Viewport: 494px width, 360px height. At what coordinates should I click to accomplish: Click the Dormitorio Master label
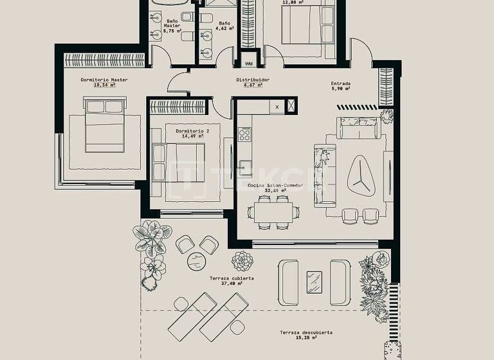tap(104, 80)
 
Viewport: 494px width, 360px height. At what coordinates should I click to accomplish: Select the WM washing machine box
tap(249, 64)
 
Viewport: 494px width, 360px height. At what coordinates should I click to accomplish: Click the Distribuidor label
tap(252, 80)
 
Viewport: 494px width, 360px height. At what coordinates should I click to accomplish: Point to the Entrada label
tap(341, 84)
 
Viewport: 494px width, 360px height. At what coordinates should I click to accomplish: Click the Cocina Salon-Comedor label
tap(284, 185)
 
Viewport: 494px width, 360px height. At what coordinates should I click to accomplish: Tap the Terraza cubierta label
tap(232, 278)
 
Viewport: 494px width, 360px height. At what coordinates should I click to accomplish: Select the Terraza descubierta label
tap(306, 332)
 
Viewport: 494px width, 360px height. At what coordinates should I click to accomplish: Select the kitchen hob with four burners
tap(245, 134)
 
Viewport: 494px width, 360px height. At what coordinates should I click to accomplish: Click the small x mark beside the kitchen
tap(277, 106)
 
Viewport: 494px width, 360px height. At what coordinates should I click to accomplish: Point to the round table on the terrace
tap(196, 261)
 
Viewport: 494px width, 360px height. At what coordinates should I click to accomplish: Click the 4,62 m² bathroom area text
tap(223, 28)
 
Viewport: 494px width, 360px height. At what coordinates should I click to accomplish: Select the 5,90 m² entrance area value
tap(341, 89)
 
